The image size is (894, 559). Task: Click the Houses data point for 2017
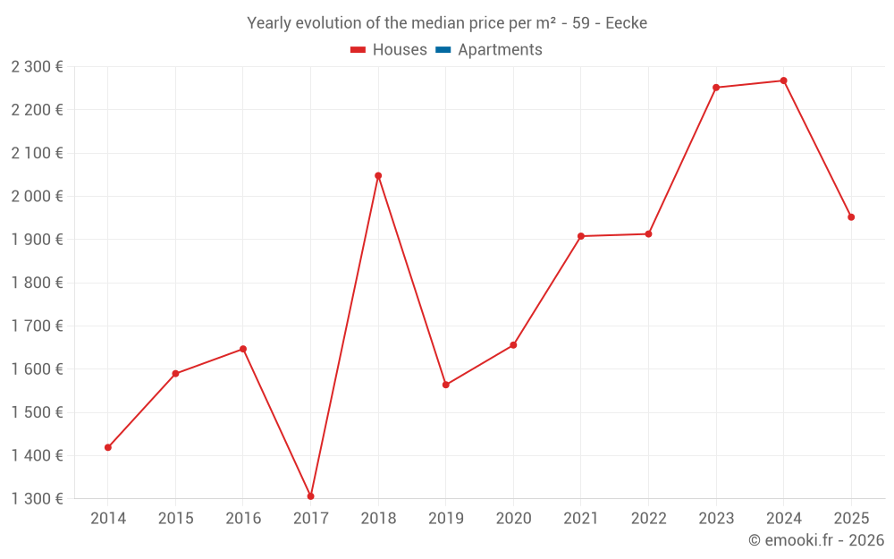(x=310, y=496)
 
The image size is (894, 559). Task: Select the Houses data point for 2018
(x=378, y=175)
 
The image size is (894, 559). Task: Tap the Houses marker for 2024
(x=783, y=80)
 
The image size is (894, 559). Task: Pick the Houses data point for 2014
(x=108, y=447)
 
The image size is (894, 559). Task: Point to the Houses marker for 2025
(x=851, y=217)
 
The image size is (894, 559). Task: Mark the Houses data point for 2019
(x=446, y=385)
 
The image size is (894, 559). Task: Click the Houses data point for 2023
(x=716, y=88)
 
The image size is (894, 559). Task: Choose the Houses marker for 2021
(x=581, y=236)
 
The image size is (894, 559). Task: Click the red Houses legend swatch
(x=358, y=50)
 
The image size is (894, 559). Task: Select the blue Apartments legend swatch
(x=443, y=50)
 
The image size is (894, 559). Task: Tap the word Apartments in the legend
(x=500, y=50)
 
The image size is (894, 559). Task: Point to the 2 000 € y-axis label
(x=38, y=196)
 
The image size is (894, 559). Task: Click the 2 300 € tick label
(x=38, y=66)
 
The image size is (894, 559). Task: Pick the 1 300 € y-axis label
(x=38, y=499)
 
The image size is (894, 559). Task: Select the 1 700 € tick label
(x=38, y=326)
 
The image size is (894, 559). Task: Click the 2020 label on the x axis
(x=513, y=519)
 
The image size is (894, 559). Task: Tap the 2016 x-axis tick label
(x=243, y=519)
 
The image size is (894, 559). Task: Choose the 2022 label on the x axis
(x=648, y=519)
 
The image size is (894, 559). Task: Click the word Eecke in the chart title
(x=626, y=23)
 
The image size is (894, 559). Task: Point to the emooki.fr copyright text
(x=816, y=540)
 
